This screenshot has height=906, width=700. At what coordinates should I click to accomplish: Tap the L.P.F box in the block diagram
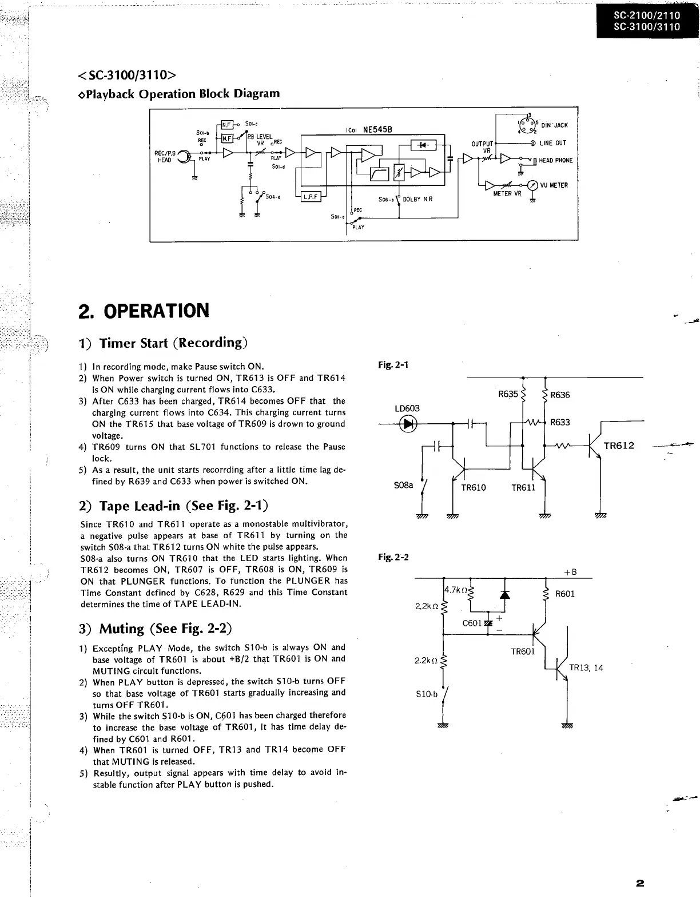tap(311, 197)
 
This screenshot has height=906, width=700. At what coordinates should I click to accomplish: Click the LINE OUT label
tap(553, 143)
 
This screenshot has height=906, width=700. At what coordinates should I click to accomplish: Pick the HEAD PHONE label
tap(556, 161)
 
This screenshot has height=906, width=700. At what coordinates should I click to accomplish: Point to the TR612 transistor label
tap(619, 446)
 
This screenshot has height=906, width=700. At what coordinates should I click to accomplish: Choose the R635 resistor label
tap(507, 394)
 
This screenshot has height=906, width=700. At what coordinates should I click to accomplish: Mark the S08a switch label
tap(403, 485)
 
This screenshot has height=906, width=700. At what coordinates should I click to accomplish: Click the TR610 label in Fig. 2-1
tap(474, 488)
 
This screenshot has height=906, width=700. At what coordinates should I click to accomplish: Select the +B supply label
tap(570, 573)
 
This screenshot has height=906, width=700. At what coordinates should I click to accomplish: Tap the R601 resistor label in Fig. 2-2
tap(565, 594)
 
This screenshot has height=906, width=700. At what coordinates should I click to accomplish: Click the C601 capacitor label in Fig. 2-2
tap(472, 623)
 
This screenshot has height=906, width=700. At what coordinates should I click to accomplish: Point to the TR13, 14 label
tap(586, 667)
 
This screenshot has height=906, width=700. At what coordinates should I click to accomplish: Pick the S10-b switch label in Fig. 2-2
tap(427, 694)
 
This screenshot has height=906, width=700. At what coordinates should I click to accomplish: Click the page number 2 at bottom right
tap(640, 884)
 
